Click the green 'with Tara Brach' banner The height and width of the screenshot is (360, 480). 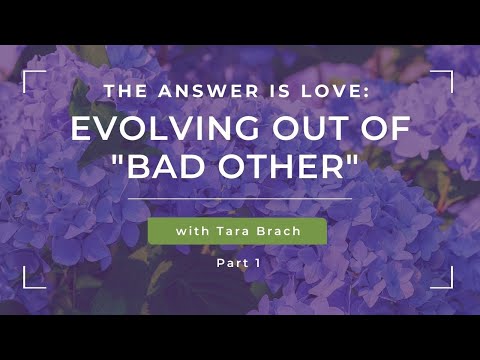pyautogui.click(x=237, y=231)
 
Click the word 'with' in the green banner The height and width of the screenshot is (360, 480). pyautogui.click(x=192, y=231)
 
